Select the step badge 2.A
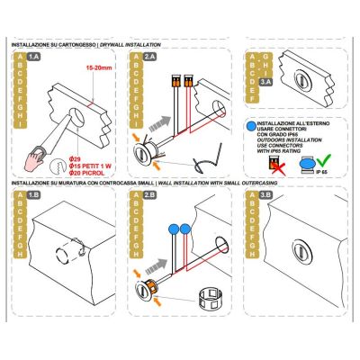point(149,56)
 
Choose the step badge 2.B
point(149,193)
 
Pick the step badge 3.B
point(266,193)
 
